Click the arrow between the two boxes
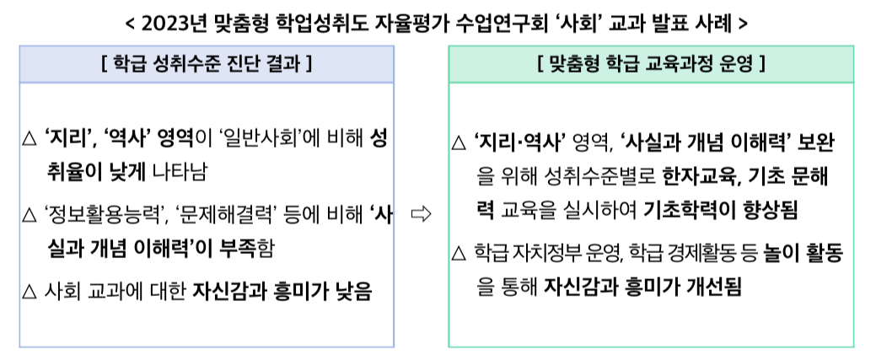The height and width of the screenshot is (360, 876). click(x=420, y=215)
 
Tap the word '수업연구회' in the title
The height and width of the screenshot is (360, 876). click(x=502, y=22)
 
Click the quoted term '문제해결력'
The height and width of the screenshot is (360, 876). click(x=228, y=216)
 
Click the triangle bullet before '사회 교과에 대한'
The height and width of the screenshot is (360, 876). click(x=29, y=293)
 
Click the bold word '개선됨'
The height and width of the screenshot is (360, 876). click(x=714, y=287)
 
